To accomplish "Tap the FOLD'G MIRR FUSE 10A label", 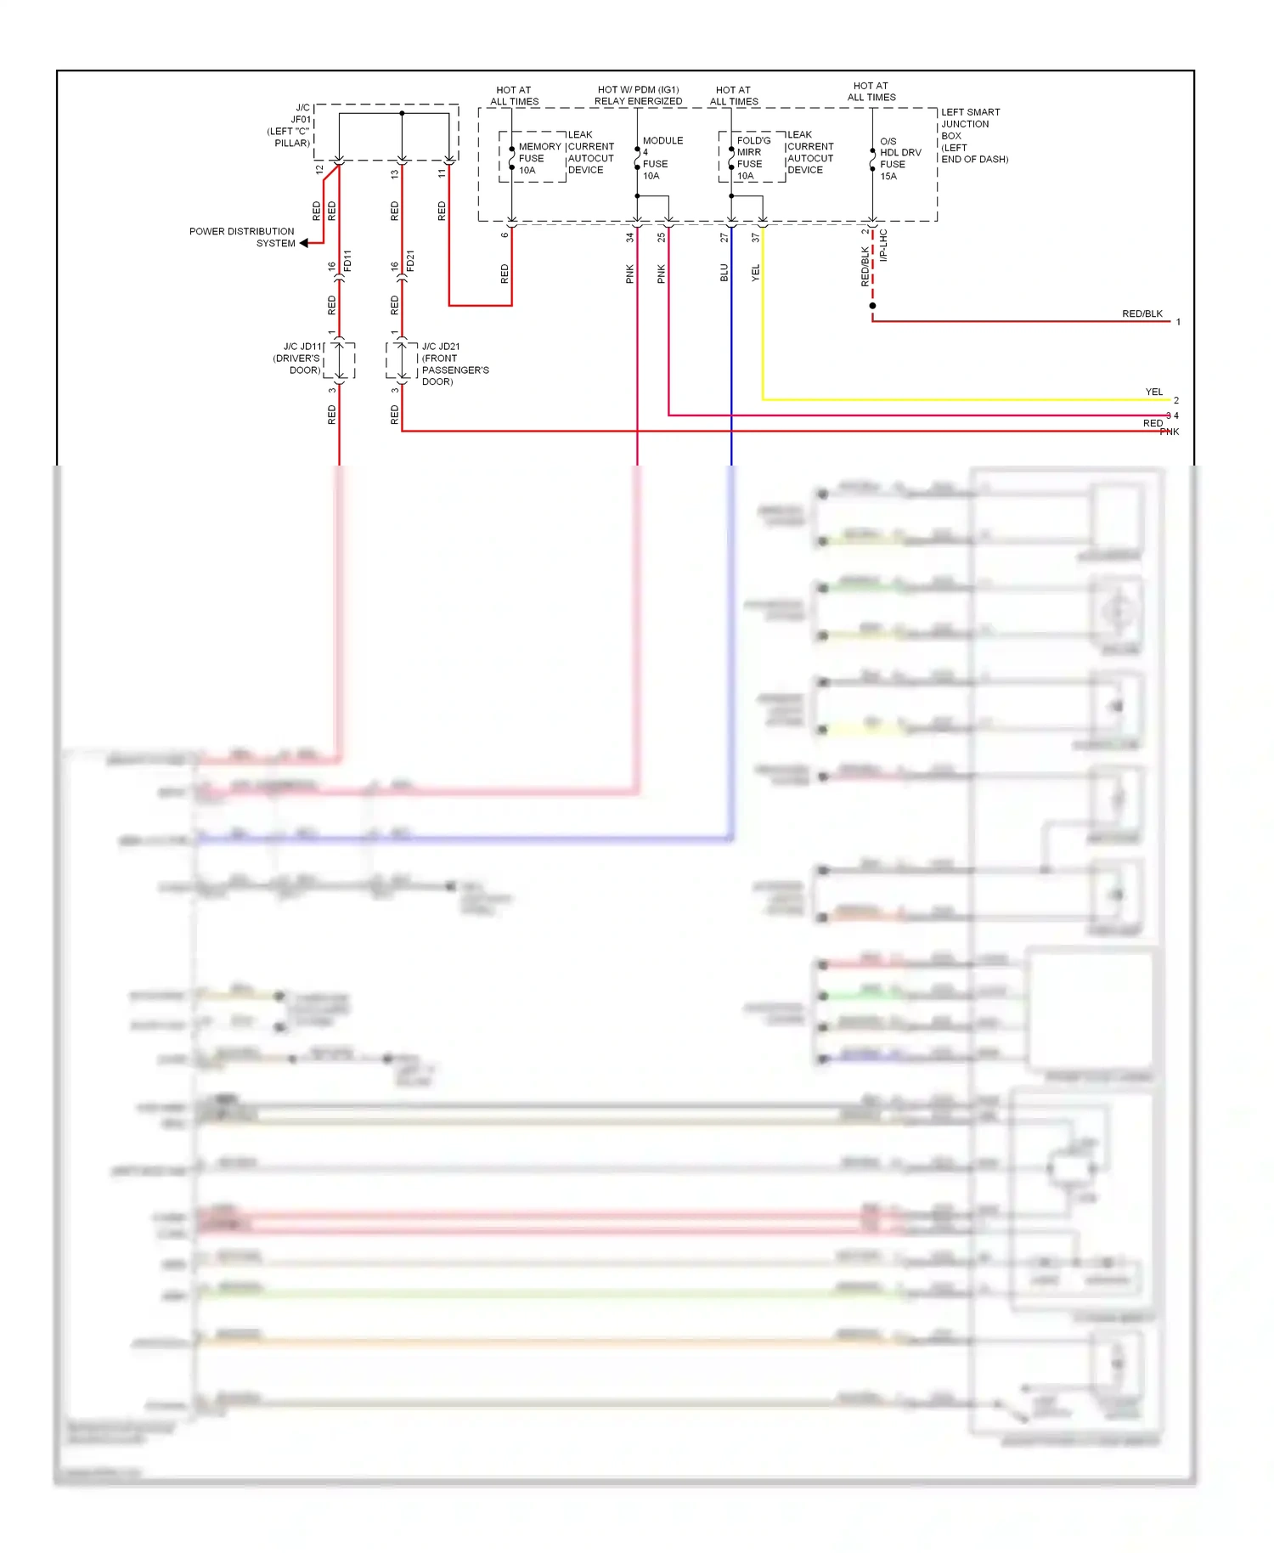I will [753, 159].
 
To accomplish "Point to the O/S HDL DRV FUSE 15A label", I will [899, 159].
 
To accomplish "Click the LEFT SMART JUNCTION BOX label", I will [972, 135].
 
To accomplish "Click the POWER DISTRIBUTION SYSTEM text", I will [242, 237].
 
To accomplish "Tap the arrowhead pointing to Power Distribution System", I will [304, 243].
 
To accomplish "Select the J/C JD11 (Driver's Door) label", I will [297, 359].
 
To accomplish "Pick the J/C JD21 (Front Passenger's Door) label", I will [454, 364].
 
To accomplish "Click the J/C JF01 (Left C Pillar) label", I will [291, 126].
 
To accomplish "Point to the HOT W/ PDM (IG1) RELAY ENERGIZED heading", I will [638, 95].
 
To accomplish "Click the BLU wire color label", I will [724, 273].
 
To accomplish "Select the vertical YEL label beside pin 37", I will [755, 273].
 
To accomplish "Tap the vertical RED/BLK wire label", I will [865, 266].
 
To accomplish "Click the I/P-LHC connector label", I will [883, 245].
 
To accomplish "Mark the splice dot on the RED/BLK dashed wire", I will [872, 306].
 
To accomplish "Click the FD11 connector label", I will [347, 261].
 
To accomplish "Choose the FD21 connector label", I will [410, 261].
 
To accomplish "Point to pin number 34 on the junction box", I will [629, 238].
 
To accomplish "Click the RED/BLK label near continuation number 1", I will [1142, 313].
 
